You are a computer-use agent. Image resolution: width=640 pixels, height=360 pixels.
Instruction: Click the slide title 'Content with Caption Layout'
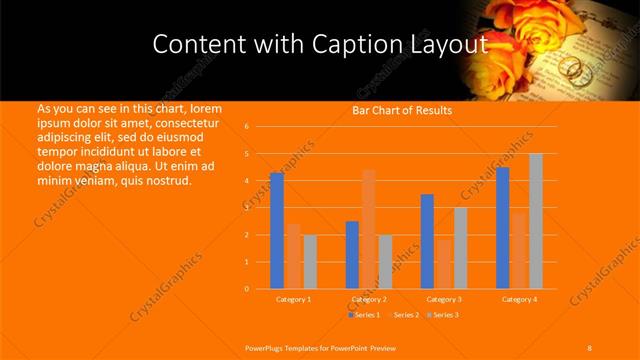tap(319, 45)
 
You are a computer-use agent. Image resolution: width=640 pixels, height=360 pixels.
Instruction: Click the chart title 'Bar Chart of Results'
tap(401, 110)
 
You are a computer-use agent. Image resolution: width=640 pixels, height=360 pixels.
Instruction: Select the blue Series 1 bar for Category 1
tap(277, 231)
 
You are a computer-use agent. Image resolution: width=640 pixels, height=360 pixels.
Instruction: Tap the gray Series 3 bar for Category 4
tap(536, 221)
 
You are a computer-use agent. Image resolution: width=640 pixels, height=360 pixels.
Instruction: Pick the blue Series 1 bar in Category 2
tap(352, 255)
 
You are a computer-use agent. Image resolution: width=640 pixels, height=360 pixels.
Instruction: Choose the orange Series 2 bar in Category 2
tap(369, 229)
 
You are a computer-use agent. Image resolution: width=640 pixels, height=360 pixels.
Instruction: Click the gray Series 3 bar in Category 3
tap(460, 248)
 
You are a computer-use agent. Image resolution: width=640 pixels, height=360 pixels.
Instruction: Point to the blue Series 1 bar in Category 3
tap(427, 241)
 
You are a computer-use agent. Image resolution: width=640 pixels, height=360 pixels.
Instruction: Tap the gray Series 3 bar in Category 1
tap(310, 262)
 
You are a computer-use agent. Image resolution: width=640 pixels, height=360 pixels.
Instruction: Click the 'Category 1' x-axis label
tap(294, 299)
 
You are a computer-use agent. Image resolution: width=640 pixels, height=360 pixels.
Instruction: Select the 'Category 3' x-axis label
tap(444, 299)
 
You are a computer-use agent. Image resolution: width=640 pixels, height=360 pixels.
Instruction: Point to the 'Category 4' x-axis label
tap(519, 299)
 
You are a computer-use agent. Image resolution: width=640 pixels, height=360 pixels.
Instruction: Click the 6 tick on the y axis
tap(246, 127)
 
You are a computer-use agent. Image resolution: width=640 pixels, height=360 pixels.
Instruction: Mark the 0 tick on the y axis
tap(246, 289)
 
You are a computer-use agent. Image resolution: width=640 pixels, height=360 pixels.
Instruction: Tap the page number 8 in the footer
tap(589, 347)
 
